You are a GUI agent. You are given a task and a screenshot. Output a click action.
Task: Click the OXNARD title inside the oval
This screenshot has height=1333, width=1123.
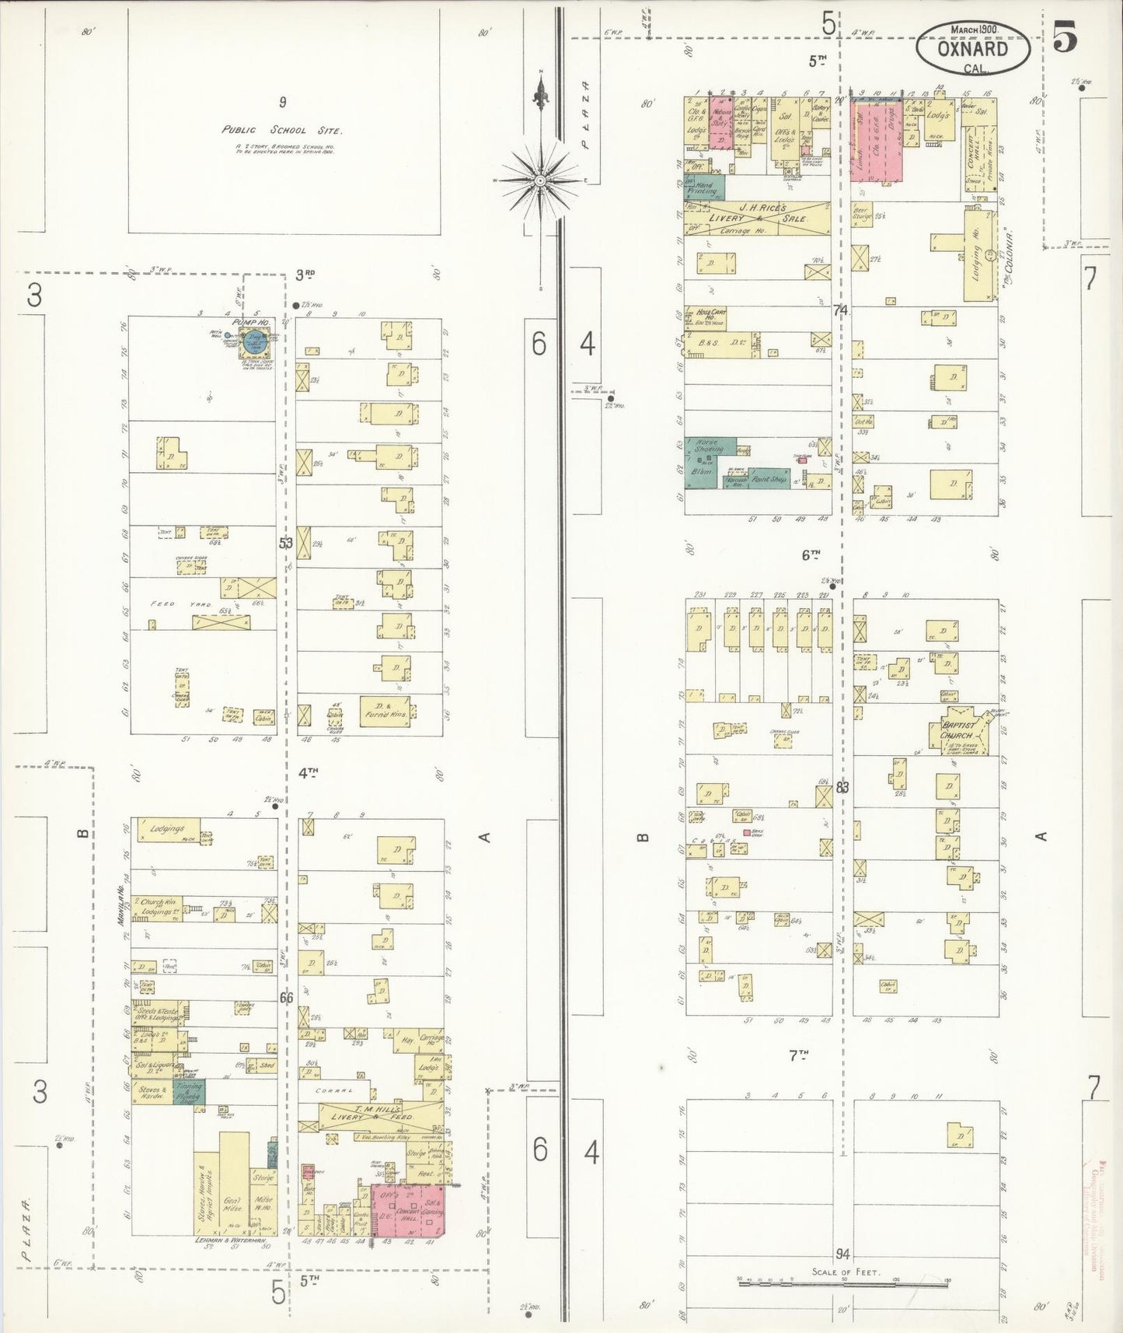click(x=972, y=48)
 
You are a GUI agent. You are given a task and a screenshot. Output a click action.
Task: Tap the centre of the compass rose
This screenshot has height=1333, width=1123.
click(x=539, y=180)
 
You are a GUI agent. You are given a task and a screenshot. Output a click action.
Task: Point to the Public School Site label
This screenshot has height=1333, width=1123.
click(x=282, y=130)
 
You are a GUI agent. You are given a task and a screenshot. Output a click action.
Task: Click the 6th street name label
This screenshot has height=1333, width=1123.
click(x=810, y=555)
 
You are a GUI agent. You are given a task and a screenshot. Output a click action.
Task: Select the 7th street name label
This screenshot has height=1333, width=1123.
click(x=798, y=1055)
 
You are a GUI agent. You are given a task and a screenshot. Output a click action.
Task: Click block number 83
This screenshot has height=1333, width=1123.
click(x=842, y=787)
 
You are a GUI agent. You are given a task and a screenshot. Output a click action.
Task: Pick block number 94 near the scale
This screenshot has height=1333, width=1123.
click(x=842, y=1254)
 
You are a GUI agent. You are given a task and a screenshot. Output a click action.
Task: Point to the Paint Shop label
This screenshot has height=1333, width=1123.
click(x=769, y=479)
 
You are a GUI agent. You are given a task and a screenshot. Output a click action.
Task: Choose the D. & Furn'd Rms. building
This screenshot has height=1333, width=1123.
click(x=385, y=712)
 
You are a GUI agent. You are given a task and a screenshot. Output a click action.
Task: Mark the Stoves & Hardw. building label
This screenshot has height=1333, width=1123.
click(x=152, y=1091)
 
